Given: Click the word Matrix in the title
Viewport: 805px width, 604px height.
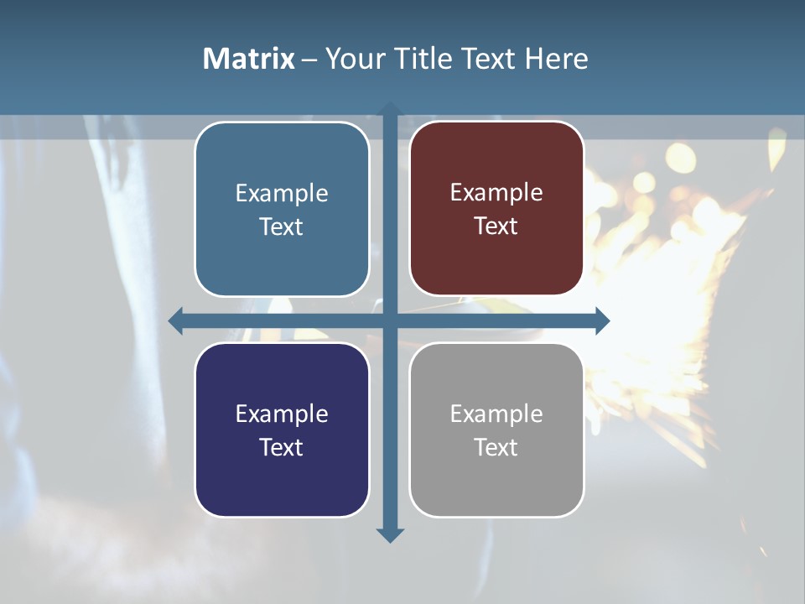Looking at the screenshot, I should [x=249, y=59].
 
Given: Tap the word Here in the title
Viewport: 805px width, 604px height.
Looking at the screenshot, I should [x=557, y=59].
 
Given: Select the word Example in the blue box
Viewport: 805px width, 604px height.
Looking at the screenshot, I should [x=282, y=194].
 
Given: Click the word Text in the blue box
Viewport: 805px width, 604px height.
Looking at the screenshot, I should [x=282, y=227].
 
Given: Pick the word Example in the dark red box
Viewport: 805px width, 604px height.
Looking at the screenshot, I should [x=496, y=193].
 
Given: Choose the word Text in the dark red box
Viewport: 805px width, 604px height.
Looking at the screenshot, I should [x=496, y=226].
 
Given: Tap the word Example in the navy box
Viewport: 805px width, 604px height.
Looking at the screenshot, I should [x=282, y=414].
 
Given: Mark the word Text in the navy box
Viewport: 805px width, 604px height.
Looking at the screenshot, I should [x=282, y=448].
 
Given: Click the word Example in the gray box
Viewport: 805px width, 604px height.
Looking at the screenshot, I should [x=496, y=414].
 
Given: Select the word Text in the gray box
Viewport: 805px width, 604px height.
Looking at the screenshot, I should [x=496, y=448].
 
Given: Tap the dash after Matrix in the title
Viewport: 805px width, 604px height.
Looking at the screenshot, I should [x=309, y=60].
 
